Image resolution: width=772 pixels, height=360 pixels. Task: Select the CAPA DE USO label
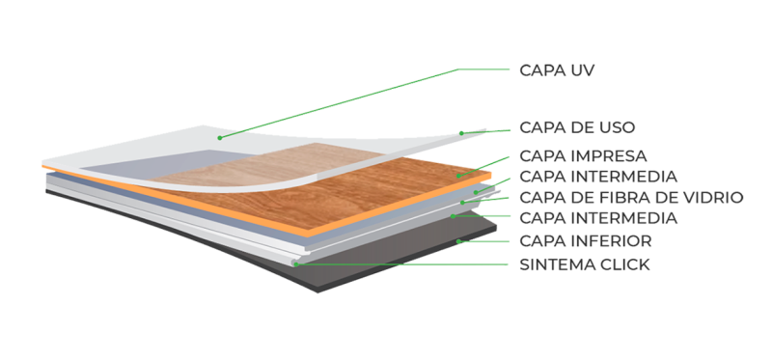pos(576,126)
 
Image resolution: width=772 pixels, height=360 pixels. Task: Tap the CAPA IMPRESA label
pos(582,155)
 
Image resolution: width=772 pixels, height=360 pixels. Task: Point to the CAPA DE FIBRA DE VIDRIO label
pos(631,198)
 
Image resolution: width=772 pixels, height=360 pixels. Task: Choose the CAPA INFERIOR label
pos(586,240)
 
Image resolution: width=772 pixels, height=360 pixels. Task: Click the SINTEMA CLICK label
pos(584,263)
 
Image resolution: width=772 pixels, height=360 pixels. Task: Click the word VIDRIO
pos(714,198)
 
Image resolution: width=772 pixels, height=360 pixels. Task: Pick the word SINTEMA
pos(556,263)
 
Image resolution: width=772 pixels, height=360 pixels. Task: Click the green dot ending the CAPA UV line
pos(220,138)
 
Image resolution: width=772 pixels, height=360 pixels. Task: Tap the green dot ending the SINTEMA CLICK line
pos(294,263)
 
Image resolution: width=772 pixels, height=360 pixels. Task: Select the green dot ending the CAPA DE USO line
pos(461,132)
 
